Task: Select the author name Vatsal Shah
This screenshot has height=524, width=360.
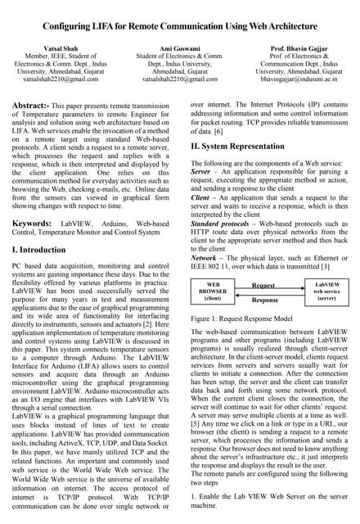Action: click(x=52, y=48)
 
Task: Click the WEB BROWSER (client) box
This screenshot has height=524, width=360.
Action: click(x=212, y=292)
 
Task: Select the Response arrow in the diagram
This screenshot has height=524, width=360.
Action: click(x=263, y=299)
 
